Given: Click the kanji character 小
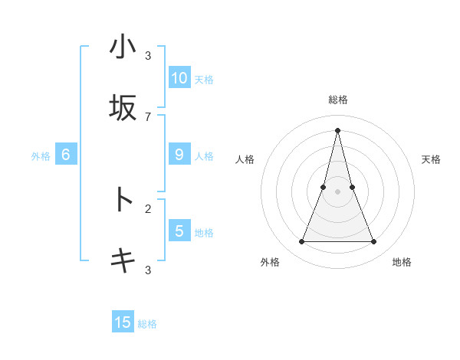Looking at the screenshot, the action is (x=123, y=47).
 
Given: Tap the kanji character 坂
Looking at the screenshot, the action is (x=123, y=108).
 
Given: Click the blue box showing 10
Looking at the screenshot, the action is (x=179, y=77).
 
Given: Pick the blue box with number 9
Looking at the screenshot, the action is (x=179, y=154).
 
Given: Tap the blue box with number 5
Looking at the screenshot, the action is (x=179, y=231).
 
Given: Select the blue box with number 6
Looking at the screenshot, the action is (x=66, y=154).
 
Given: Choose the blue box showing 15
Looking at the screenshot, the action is (x=123, y=322).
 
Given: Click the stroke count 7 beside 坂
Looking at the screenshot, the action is (x=148, y=116).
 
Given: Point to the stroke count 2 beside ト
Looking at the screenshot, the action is (x=148, y=208).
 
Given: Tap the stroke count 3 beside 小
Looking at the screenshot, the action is (x=148, y=56).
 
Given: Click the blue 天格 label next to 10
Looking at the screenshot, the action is (x=204, y=79).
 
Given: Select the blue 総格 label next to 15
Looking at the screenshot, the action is (x=147, y=324).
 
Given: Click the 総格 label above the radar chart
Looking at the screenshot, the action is (x=337, y=100).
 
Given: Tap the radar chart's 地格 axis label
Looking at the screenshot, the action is (x=402, y=262).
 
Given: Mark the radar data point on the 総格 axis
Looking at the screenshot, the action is (x=337, y=130).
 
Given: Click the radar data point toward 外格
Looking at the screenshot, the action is (x=301, y=242).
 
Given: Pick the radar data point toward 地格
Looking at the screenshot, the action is (x=373, y=242).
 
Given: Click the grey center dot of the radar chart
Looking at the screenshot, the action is (x=337, y=191).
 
